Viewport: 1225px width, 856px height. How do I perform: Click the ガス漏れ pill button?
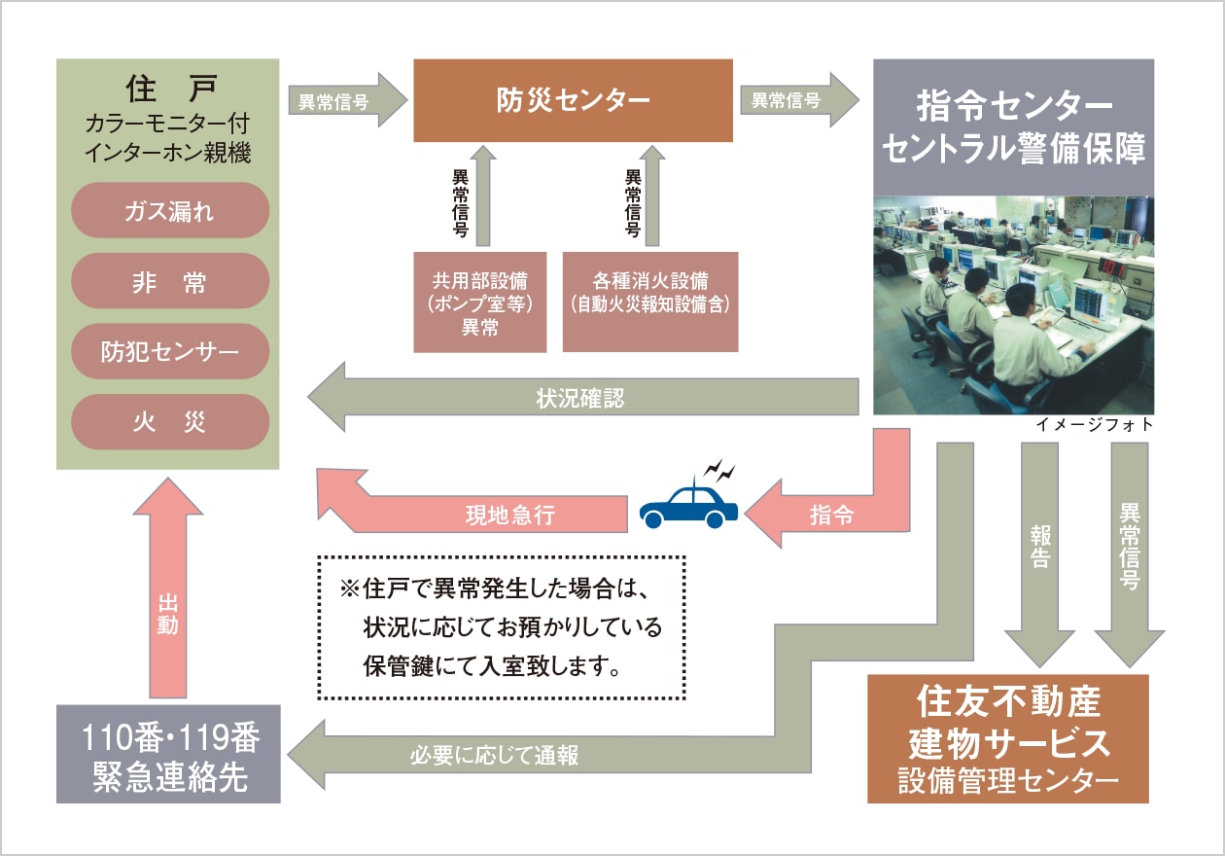169,210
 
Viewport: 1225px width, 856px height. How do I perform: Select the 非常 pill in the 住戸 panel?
169,281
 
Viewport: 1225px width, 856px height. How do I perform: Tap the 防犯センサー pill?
169,351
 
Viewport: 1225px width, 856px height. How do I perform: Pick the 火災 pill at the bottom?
169,422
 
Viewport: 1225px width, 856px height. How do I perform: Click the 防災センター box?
573,101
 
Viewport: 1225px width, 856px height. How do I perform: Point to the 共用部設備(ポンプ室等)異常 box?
479,303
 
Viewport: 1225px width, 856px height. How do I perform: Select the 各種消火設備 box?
650,303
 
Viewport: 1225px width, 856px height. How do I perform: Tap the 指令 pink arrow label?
831,517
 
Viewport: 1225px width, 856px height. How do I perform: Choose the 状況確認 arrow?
583,398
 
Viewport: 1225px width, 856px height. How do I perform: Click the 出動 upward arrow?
167,603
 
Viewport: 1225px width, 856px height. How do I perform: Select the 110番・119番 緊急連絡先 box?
168,754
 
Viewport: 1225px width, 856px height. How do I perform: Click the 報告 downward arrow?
1039,554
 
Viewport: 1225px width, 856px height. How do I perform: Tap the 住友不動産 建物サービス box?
1007,738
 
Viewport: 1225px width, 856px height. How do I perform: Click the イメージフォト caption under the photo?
1096,425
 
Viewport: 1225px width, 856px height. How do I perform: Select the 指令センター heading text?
1014,103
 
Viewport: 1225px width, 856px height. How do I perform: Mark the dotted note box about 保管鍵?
502,628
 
